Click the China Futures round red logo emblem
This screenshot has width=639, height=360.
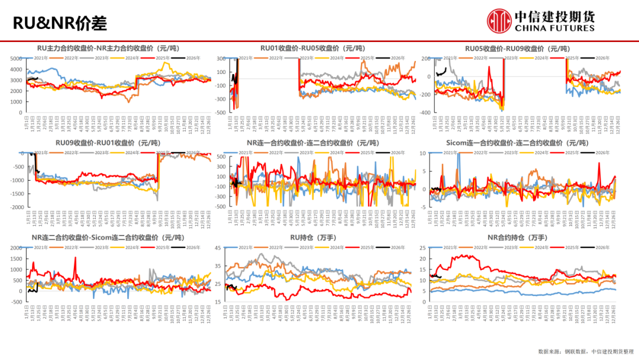[499, 20]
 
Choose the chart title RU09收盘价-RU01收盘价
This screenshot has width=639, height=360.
[110, 143]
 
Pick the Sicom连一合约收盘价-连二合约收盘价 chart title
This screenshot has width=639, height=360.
[517, 143]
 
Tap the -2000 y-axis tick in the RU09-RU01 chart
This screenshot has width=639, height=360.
[16, 207]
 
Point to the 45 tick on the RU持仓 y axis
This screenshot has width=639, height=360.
[218, 248]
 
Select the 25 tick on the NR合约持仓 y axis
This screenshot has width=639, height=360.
[421, 248]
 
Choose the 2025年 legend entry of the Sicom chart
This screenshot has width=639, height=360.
[572, 153]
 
